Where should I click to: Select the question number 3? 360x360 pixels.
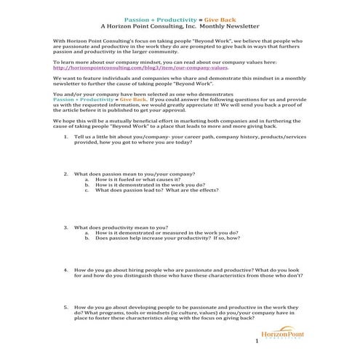pyautogui.click(x=67, y=247)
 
